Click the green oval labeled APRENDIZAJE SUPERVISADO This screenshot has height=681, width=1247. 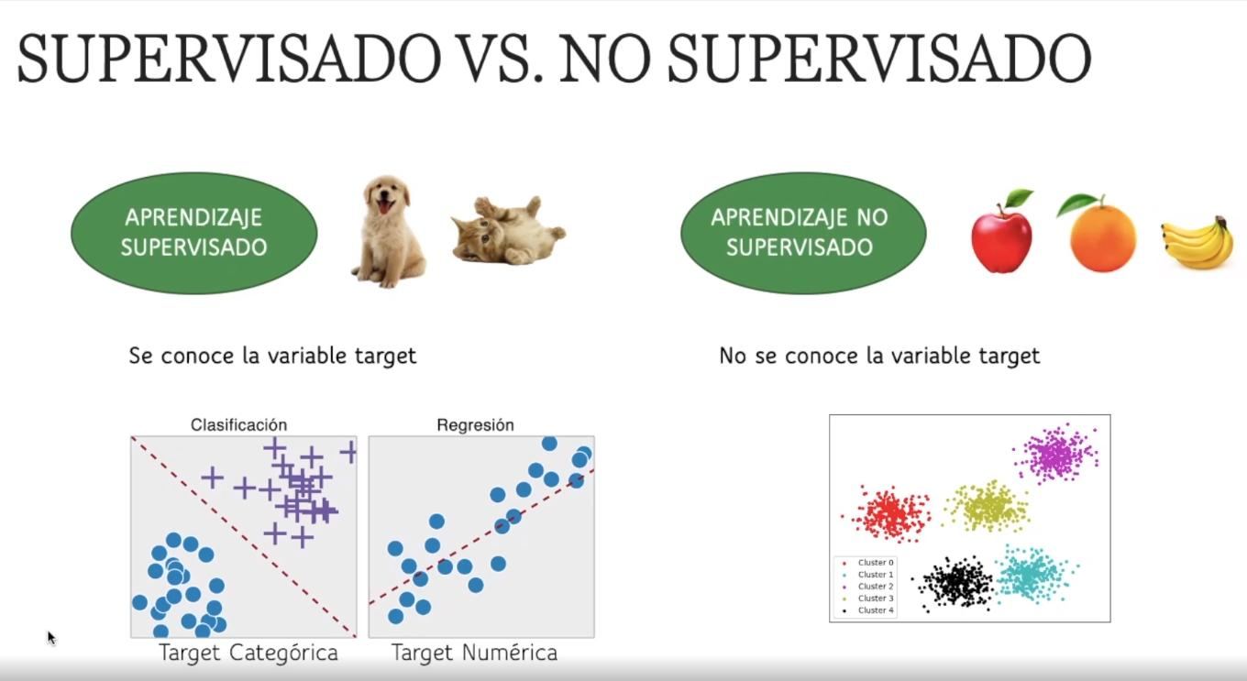click(x=193, y=233)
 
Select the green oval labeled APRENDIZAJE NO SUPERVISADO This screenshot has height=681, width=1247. click(x=803, y=233)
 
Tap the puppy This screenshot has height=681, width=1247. click(x=389, y=232)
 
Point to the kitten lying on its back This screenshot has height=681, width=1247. click(x=507, y=230)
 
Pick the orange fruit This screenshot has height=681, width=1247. click(x=1099, y=233)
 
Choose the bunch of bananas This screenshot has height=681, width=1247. click(x=1196, y=243)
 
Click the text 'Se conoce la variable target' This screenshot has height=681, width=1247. click(x=272, y=356)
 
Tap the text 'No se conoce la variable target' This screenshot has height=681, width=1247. click(x=879, y=356)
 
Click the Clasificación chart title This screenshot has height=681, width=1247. click(x=238, y=425)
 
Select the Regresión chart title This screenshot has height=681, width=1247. click(x=475, y=425)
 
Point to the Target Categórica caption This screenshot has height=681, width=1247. click(x=248, y=653)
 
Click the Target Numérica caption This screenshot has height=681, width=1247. click(x=474, y=653)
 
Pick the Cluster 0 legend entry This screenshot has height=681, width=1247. click(x=868, y=563)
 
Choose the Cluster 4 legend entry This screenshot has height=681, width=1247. click(x=868, y=610)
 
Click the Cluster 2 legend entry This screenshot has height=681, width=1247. click(x=868, y=587)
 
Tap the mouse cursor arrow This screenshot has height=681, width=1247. click(x=51, y=638)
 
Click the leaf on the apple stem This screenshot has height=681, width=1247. click(x=1018, y=196)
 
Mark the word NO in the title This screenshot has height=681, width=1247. click(x=604, y=59)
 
